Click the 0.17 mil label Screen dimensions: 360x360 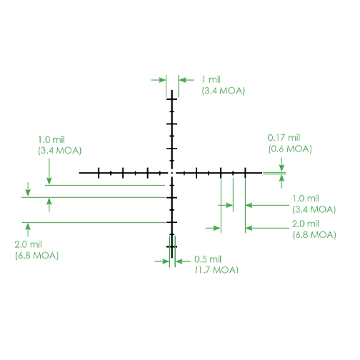click(284, 138)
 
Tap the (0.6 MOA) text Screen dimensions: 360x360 click(290, 149)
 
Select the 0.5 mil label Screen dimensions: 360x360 click(208, 259)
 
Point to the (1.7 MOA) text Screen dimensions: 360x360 click(216, 269)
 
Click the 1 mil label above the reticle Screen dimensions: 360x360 click(211, 79)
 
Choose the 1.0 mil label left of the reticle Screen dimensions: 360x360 click(51, 139)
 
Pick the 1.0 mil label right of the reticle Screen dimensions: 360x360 click(306, 198)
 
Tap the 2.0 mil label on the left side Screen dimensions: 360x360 click(28, 244)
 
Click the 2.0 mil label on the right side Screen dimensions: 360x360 click(306, 224)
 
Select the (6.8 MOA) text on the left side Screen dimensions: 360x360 click(36, 256)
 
